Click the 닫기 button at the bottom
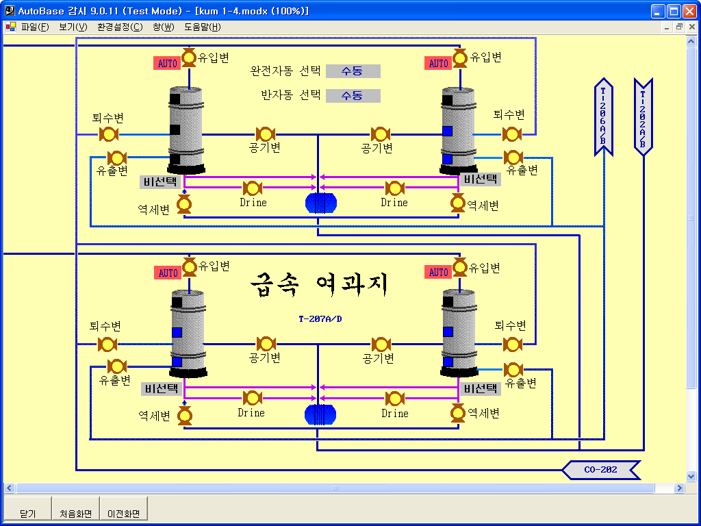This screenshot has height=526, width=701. coord(27,509)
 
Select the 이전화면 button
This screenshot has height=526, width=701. coord(124,509)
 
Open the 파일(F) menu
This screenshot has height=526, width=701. coord(35,27)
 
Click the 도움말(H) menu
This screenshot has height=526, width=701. coord(203,27)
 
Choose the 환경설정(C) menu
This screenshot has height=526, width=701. coord(120,27)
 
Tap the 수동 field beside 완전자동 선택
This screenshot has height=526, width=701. coord(353,71)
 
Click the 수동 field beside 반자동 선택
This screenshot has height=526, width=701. coord(353,96)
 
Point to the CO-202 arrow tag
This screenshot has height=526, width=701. coord(601,470)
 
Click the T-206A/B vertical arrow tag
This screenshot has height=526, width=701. coord(603,117)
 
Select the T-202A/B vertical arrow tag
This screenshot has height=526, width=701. coord(643,117)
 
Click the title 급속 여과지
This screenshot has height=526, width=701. coord(319,284)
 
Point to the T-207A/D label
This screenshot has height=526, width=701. coord(320,319)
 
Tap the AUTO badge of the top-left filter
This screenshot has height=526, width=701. coord(168,63)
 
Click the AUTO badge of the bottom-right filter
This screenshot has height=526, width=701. coord(439,273)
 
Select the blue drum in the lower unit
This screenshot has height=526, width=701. coord(320,414)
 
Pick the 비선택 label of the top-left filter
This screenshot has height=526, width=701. coord(160,182)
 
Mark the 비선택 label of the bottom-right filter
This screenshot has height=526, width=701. coord(480,389)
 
